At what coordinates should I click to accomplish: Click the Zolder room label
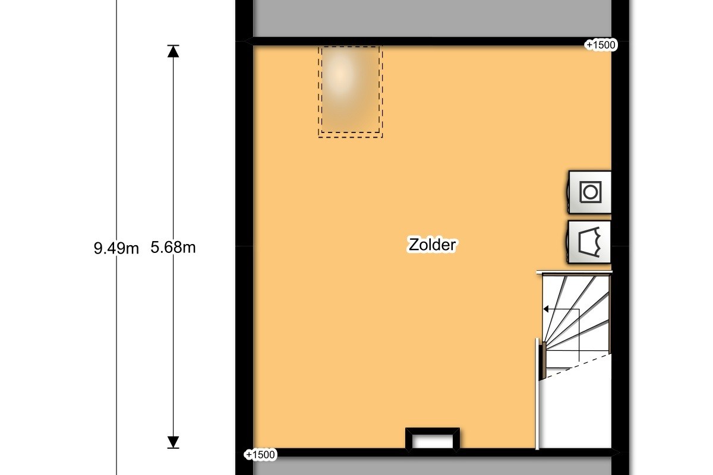pyautogui.click(x=432, y=245)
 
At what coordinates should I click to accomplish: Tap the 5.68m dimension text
pyautogui.click(x=173, y=247)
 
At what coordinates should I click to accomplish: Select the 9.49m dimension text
pyautogui.click(x=116, y=248)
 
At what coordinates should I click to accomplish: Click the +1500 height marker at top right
pyautogui.click(x=601, y=45)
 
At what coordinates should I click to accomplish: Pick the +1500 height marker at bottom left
pyautogui.click(x=260, y=455)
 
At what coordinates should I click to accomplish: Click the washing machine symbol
pyautogui.click(x=589, y=192)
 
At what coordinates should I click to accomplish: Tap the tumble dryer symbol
pyautogui.click(x=589, y=242)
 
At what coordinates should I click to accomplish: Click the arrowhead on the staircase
pyautogui.click(x=545, y=309)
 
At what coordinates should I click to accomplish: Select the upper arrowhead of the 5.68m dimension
pyautogui.click(x=173, y=52)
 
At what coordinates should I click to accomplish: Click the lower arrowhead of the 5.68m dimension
pyautogui.click(x=173, y=442)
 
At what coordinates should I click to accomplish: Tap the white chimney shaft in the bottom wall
pyautogui.click(x=433, y=442)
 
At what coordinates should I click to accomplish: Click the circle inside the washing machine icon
pyautogui.click(x=591, y=192)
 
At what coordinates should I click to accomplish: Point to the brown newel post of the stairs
pyautogui.click(x=544, y=360)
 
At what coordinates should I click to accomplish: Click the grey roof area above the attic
pyautogui.click(x=433, y=18)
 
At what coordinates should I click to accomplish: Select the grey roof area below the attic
pyautogui.click(x=433, y=466)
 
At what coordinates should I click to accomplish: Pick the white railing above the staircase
pyautogui.click(x=574, y=273)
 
